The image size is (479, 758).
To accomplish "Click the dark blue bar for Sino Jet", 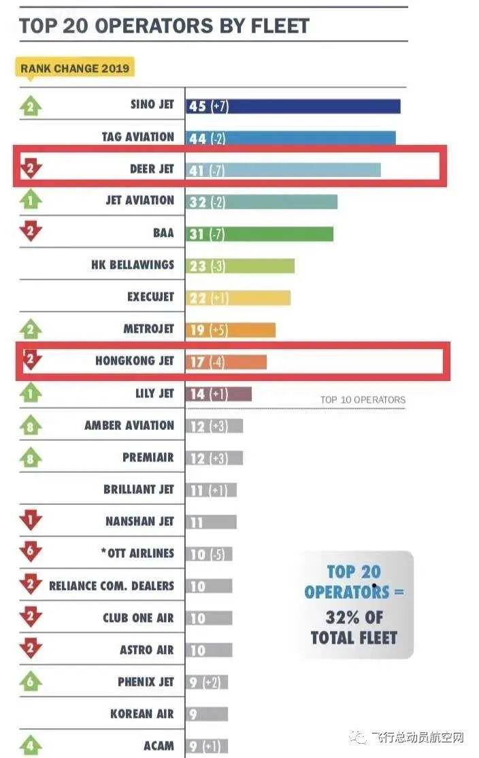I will click(x=293, y=106).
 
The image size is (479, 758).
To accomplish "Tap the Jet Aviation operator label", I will click(x=139, y=201).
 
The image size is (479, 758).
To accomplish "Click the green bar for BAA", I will click(x=259, y=233).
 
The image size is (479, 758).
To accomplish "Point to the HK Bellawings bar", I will click(x=239, y=265).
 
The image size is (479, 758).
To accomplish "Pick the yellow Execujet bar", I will click(x=237, y=297).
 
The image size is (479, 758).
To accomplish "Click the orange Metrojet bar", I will click(x=230, y=329).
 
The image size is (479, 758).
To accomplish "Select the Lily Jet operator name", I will click(x=154, y=393).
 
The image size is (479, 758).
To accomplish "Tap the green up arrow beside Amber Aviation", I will click(x=31, y=426).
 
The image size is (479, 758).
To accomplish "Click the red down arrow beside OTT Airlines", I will click(x=31, y=553).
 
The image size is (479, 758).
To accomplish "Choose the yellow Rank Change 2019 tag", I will click(x=74, y=68).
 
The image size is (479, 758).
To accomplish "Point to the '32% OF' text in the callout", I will click(x=354, y=617).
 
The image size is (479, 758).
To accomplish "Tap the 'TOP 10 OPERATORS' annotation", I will click(x=363, y=400).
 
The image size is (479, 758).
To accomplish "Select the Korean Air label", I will click(x=142, y=714).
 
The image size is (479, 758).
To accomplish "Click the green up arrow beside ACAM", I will click(x=31, y=745).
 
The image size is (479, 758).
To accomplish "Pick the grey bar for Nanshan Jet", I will click(x=211, y=522).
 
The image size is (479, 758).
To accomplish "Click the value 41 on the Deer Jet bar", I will click(x=197, y=169).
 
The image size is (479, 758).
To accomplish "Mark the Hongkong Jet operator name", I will click(x=134, y=361).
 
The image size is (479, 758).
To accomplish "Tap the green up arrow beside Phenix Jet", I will click(x=31, y=682).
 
